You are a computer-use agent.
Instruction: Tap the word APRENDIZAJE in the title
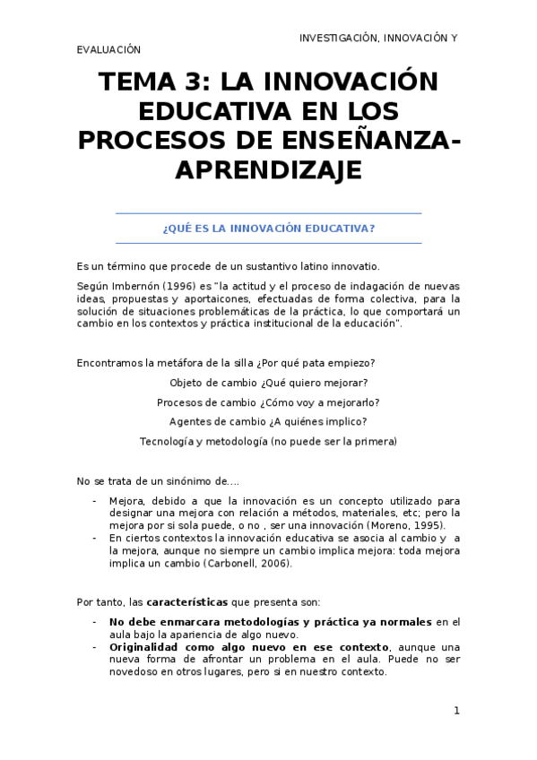point(268,169)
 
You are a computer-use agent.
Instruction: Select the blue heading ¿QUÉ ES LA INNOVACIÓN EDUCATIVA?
point(268,228)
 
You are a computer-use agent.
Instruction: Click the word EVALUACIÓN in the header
point(108,50)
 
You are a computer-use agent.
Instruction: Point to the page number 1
point(456,711)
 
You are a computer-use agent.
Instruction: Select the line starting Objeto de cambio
point(268,383)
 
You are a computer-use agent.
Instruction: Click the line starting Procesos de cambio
point(268,402)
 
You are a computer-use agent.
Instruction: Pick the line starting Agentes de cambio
point(268,421)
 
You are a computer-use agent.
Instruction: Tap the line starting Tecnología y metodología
point(268,441)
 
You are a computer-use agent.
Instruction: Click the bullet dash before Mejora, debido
point(95,500)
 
